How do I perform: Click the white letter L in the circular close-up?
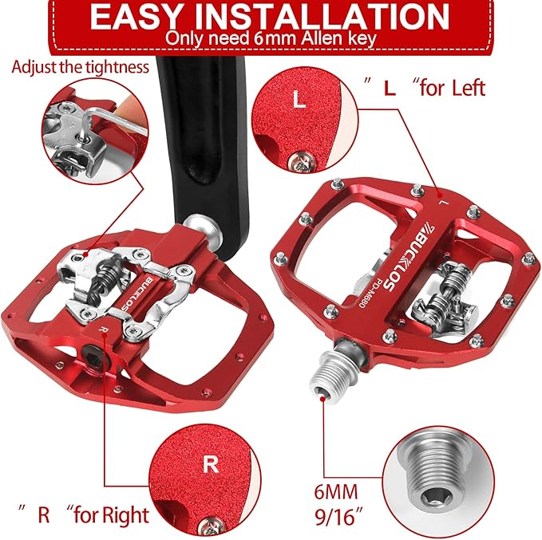[299, 99]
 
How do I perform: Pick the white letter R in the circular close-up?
[211, 465]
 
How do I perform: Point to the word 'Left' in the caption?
[469, 88]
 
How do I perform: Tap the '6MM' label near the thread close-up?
[335, 492]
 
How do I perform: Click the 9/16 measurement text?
[335, 517]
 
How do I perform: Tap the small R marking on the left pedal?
[102, 329]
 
